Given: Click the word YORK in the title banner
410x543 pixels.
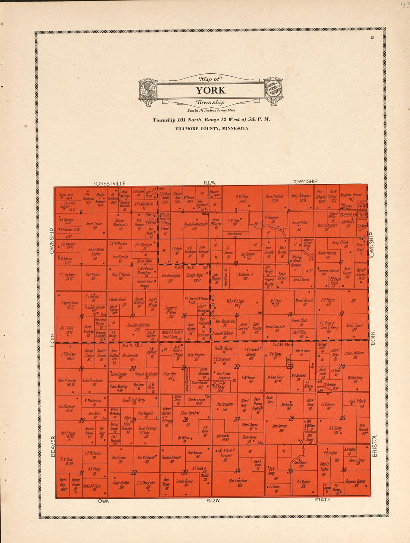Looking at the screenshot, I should point(211,90).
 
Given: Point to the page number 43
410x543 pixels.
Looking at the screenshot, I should point(372,38).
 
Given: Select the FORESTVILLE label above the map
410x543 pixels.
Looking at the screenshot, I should point(109,183).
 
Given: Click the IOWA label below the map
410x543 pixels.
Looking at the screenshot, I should point(102,501).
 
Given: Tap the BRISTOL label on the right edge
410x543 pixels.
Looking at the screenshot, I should point(374,445).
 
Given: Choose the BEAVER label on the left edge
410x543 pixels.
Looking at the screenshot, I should point(53,446).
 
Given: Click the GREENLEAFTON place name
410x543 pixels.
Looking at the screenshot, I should point(353,215).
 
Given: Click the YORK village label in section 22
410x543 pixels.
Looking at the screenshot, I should point(219,383).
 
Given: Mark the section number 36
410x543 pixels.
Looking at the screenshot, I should point(343,470).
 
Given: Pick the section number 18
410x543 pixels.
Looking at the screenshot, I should point(81,317).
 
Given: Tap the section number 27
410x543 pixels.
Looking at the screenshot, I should point(237,419).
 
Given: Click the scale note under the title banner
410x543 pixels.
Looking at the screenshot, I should point(211,111).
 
